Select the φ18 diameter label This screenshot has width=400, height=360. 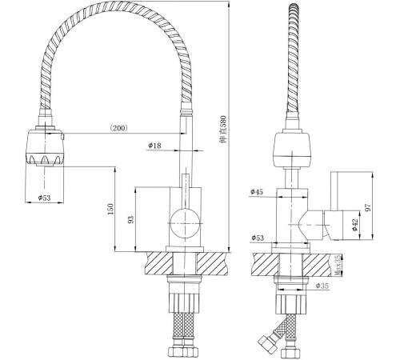pyautogui.click(x=155, y=146)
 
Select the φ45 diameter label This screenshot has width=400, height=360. pyautogui.click(x=258, y=192)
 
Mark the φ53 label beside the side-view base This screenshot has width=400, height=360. pyautogui.click(x=258, y=237)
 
